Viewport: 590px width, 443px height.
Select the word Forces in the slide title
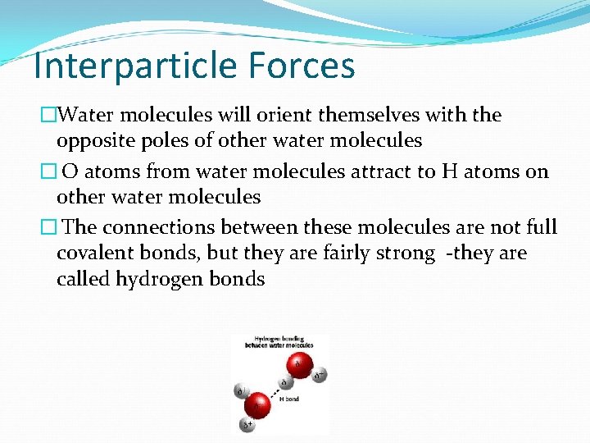coord(309,66)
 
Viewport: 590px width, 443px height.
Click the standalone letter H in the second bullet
coord(449,171)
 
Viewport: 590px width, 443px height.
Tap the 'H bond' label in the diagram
coord(289,398)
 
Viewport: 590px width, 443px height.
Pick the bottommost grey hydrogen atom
coord(247,425)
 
